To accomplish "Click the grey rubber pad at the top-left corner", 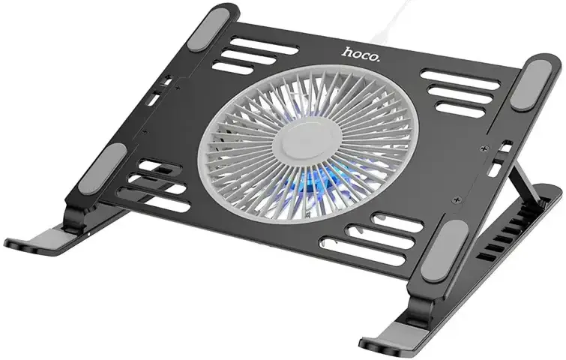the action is pos(209,29).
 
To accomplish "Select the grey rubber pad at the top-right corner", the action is pos(531,85).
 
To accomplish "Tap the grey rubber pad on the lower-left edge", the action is pos(105,168).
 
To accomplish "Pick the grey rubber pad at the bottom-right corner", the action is pos(444,251).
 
